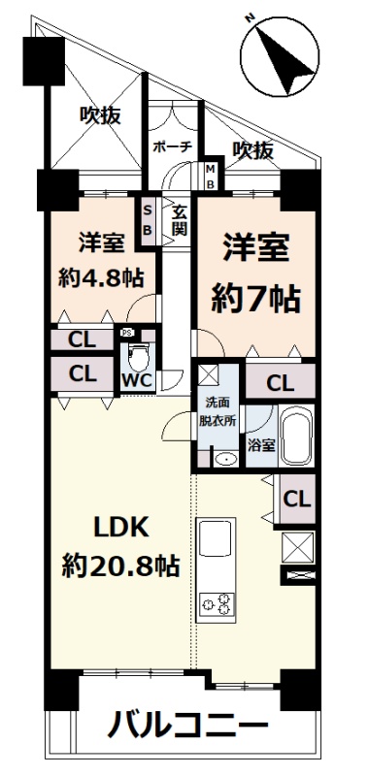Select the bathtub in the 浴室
[296, 436]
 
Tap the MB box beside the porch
[210, 177]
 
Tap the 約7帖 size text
[255, 299]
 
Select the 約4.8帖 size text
[101, 278]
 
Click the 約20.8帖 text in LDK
[119, 566]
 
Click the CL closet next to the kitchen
[297, 499]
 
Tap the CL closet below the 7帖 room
[280, 381]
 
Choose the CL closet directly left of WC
[83, 373]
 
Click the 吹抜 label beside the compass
[253, 150]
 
